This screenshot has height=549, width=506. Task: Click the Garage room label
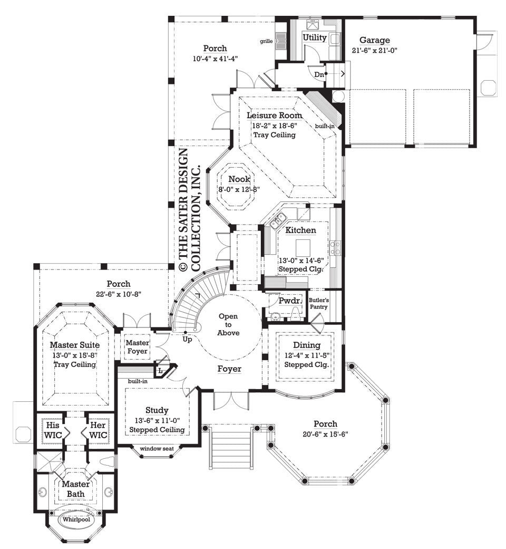pyautogui.click(x=374, y=40)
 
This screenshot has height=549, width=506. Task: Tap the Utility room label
pyautogui.click(x=315, y=37)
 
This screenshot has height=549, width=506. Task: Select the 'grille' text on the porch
pyautogui.click(x=266, y=41)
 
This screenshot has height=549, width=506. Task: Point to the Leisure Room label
pyautogui.click(x=274, y=115)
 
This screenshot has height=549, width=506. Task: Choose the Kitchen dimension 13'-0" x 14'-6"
pyautogui.click(x=300, y=259)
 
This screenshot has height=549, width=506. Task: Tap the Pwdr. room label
pyautogui.click(x=290, y=301)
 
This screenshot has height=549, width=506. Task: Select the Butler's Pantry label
pyautogui.click(x=318, y=303)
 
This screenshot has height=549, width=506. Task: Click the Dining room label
pyautogui.click(x=307, y=345)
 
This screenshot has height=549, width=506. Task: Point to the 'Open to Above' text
pyautogui.click(x=228, y=324)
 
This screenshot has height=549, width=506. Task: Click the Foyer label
pyautogui.click(x=229, y=369)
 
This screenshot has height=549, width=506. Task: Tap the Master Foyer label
pyautogui.click(x=137, y=347)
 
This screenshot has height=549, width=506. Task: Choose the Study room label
pyautogui.click(x=157, y=410)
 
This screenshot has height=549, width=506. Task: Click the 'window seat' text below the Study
pyautogui.click(x=157, y=449)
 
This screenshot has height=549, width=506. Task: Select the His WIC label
pyautogui.click(x=53, y=430)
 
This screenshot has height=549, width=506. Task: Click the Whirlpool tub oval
pyautogui.click(x=75, y=519)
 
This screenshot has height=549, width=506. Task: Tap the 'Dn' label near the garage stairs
pyautogui.click(x=319, y=74)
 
